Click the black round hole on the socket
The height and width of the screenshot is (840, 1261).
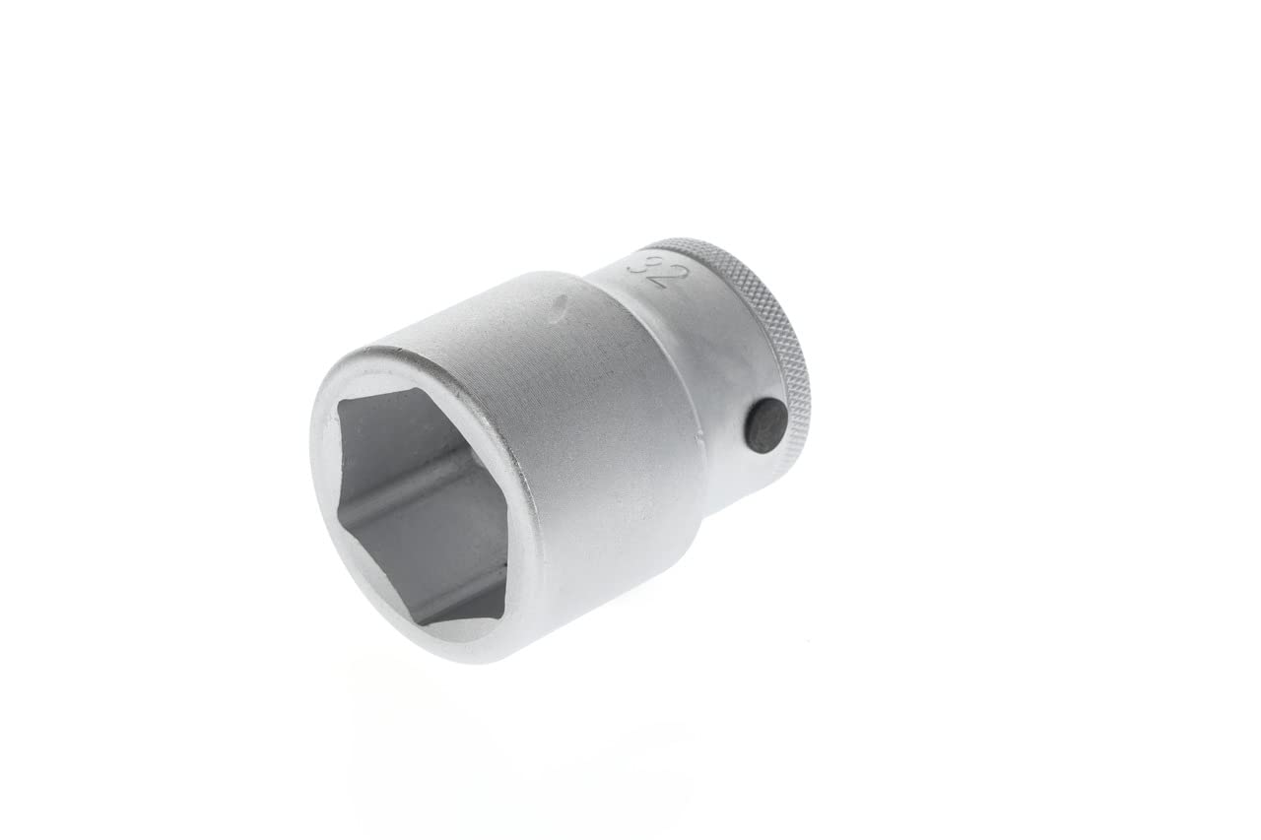click(x=765, y=425)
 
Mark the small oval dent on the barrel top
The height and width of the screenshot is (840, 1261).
click(x=561, y=306)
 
